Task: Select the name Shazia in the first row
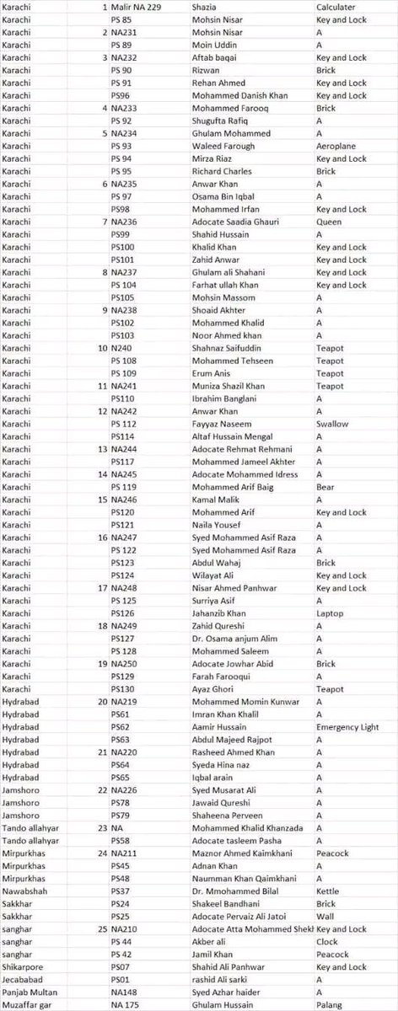click(207, 7)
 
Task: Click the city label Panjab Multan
click(30, 992)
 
